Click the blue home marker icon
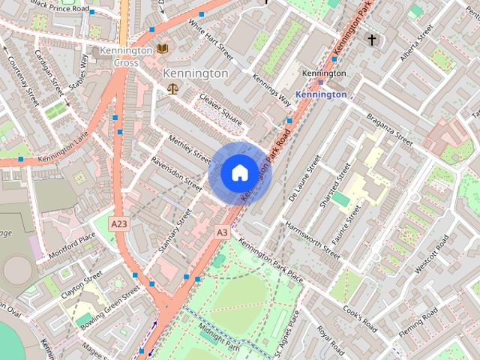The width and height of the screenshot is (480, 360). click(x=238, y=173)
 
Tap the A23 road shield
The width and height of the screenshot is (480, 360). click(x=118, y=223)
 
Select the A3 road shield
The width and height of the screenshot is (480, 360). click(x=221, y=232)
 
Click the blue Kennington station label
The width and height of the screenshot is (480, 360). click(x=321, y=94)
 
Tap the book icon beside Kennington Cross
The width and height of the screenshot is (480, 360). click(x=163, y=49)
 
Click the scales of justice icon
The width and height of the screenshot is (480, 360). click(x=173, y=88)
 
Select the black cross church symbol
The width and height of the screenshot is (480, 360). click(x=370, y=38)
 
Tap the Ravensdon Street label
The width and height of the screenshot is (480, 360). click(x=176, y=172)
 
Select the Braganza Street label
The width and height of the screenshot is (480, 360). click(x=389, y=128)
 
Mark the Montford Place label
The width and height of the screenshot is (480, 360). click(x=72, y=245)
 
